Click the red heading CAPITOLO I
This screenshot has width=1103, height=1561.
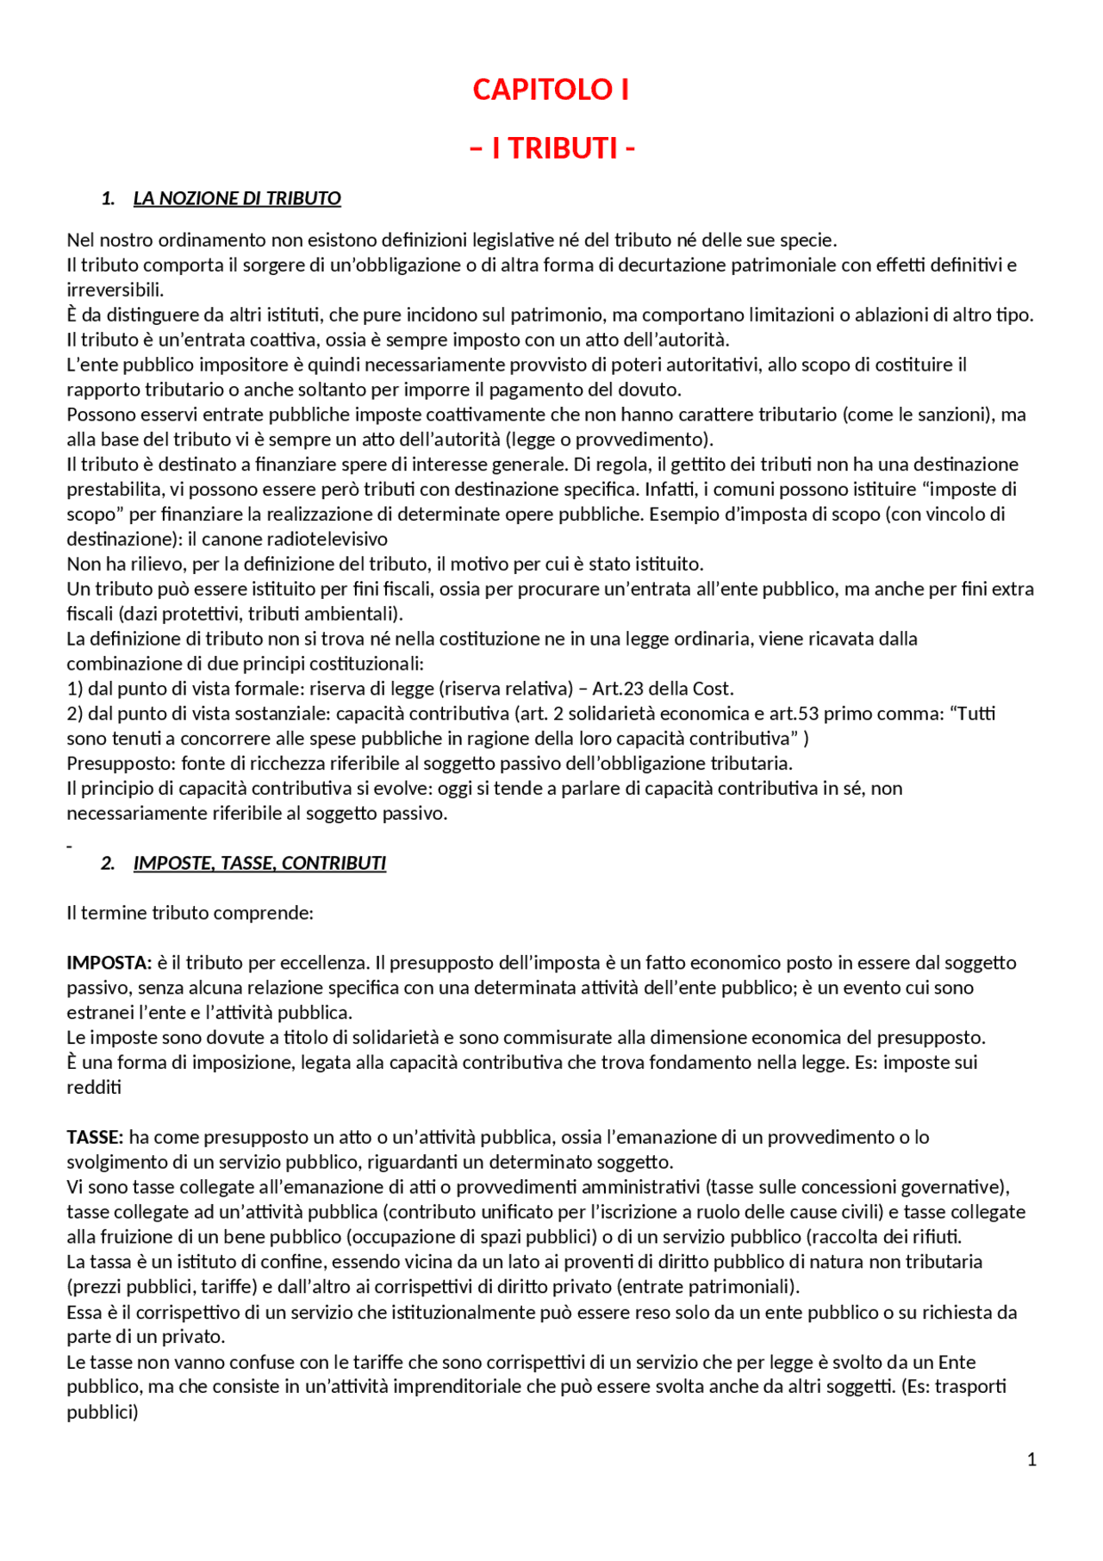pyautogui.click(x=551, y=90)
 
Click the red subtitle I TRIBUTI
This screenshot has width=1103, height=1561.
pyautogui.click(x=552, y=148)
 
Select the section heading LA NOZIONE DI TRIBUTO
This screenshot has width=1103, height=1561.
pyautogui.click(x=237, y=198)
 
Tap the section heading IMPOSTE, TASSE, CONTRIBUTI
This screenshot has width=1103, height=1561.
pyautogui.click(x=259, y=863)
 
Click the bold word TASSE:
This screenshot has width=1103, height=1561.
pyautogui.click(x=96, y=1137)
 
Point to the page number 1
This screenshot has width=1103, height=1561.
pyautogui.click(x=1031, y=1459)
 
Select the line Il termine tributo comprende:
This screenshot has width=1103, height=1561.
pyautogui.click(x=190, y=913)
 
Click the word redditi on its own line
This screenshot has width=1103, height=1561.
pyautogui.click(x=94, y=1087)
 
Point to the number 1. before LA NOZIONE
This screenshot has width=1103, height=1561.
pyautogui.click(x=109, y=198)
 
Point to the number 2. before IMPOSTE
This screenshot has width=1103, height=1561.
pyautogui.click(x=109, y=863)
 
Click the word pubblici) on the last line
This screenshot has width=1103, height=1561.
pyautogui.click(x=103, y=1412)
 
